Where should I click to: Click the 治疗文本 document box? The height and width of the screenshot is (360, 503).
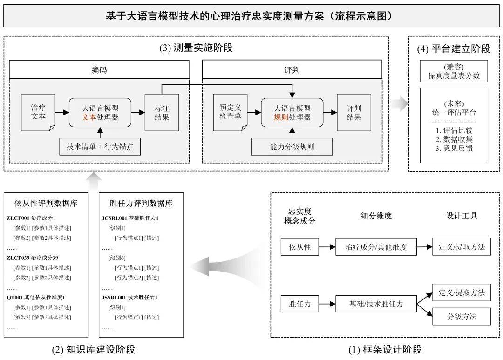point(38,112)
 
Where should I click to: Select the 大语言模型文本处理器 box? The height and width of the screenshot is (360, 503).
point(100,113)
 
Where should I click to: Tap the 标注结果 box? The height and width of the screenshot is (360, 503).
point(162,112)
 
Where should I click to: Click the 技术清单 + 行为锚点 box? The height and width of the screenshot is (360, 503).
point(100,147)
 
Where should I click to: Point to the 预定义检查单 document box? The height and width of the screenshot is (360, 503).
point(231,112)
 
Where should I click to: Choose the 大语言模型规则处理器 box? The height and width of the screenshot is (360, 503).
point(292,113)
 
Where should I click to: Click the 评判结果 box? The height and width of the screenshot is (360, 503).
point(354,112)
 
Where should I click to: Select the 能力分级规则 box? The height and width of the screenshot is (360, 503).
point(292,147)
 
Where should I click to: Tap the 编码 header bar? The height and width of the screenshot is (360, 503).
point(99,69)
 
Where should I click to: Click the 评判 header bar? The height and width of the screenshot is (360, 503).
point(292,69)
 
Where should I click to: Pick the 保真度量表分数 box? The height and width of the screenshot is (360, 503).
point(454,71)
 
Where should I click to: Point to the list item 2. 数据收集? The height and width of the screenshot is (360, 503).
point(454,139)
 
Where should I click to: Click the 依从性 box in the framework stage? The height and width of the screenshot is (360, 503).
point(299,247)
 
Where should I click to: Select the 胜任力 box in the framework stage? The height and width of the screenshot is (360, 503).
point(299,304)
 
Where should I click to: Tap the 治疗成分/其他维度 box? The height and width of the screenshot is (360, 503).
point(376,247)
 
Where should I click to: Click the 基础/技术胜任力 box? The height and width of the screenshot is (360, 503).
point(376,304)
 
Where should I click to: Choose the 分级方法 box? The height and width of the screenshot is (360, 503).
point(462,316)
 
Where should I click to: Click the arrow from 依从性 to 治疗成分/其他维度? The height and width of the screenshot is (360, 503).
point(327,247)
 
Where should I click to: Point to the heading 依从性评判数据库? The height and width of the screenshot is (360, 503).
point(46,203)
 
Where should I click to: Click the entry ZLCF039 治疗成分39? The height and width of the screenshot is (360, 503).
point(33,258)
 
